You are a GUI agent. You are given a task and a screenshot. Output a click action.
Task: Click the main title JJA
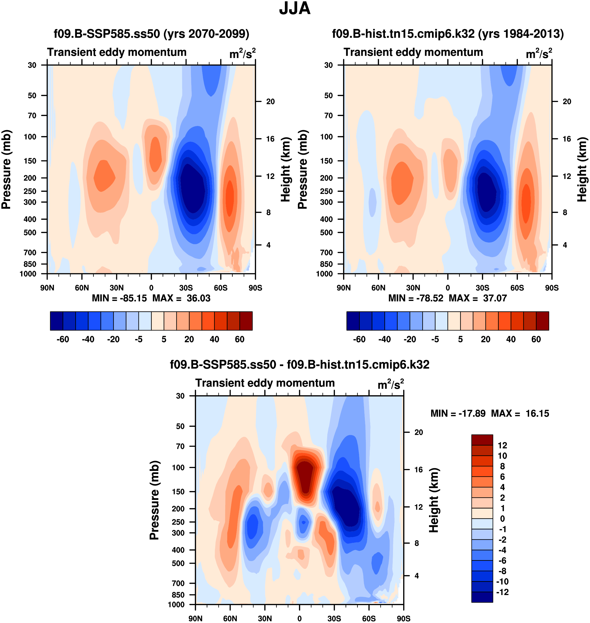pyautogui.click(x=295, y=8)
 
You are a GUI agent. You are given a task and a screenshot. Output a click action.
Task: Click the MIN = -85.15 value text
pyautogui.click(x=119, y=298)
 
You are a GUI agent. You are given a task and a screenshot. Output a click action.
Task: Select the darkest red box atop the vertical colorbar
pyautogui.click(x=482, y=440)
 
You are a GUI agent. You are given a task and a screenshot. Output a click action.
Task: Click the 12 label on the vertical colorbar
pyautogui.click(x=502, y=445)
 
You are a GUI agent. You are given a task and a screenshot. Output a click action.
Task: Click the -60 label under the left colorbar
pyautogui.click(x=63, y=339)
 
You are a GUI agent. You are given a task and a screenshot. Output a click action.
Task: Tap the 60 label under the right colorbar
pyautogui.click(x=536, y=339)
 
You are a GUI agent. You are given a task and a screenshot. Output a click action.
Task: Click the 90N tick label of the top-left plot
pyautogui.click(x=47, y=288)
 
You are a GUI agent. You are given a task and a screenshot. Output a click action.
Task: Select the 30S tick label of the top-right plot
pyautogui.click(x=482, y=288)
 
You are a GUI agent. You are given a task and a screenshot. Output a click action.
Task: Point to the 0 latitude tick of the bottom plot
pyautogui.click(x=299, y=618)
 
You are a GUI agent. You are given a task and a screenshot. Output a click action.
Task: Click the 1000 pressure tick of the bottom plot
pyautogui.click(x=176, y=604)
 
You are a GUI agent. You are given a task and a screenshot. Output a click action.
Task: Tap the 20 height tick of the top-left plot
pyautogui.click(x=270, y=102)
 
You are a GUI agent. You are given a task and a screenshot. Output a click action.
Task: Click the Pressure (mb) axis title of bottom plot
pyautogui.click(x=154, y=500)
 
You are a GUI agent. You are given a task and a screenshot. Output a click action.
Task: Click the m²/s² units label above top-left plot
pyautogui.click(x=242, y=54)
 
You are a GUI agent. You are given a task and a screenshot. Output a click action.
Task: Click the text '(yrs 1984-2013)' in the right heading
pyautogui.click(x=521, y=33)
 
